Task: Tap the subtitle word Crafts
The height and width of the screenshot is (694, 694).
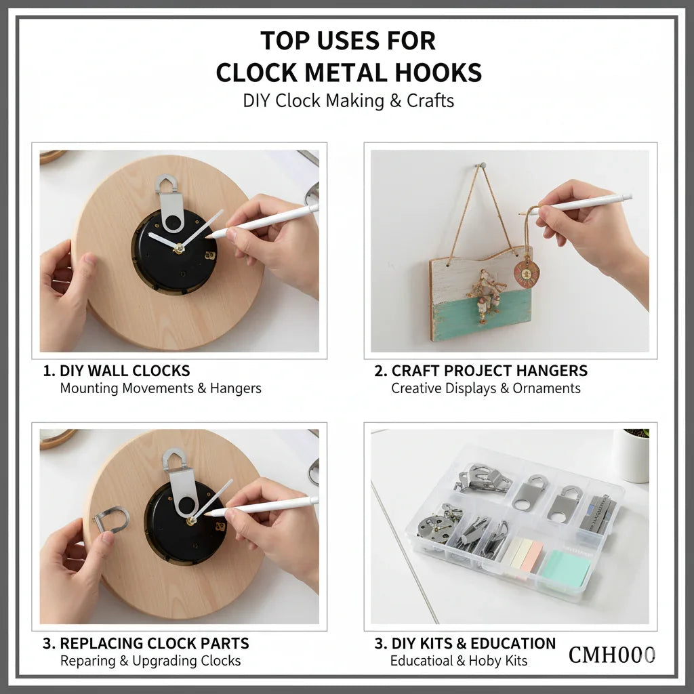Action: click(430, 101)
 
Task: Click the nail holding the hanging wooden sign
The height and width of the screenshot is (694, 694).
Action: click(482, 165)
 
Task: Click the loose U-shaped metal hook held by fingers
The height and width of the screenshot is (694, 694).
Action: click(112, 520)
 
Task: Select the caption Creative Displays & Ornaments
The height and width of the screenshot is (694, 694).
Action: click(485, 388)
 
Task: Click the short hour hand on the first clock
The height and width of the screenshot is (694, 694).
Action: click(163, 241)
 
